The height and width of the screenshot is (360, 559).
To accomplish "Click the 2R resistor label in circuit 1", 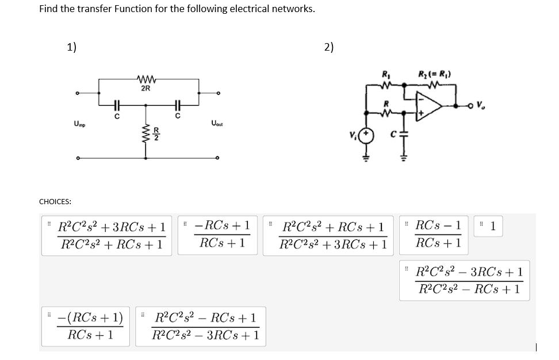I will tap(145, 89).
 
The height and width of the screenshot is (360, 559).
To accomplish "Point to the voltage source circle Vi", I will tap(368, 136).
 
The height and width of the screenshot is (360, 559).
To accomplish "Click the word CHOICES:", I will tap(55, 201).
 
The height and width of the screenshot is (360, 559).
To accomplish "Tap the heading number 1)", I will tap(72, 47).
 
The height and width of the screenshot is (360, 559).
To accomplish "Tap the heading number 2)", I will tap(328, 47).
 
